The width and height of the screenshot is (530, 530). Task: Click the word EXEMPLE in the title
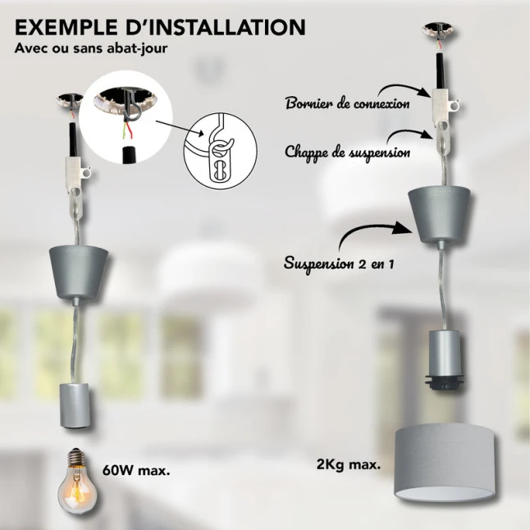click(66, 27)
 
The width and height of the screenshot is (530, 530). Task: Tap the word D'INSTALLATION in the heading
click(215, 27)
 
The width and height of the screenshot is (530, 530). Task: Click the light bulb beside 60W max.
click(74, 481)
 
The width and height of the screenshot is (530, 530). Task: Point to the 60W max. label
click(136, 470)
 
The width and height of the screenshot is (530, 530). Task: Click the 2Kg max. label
click(349, 464)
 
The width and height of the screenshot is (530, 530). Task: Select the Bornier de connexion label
click(348, 103)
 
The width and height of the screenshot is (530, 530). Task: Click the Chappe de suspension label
click(348, 152)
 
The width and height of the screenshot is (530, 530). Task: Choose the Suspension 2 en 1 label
click(339, 263)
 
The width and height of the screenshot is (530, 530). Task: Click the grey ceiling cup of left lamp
click(79, 271)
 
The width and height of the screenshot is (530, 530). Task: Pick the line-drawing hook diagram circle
click(221, 151)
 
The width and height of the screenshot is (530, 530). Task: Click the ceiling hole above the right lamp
click(439, 31)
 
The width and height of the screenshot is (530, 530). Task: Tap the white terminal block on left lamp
click(75, 173)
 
